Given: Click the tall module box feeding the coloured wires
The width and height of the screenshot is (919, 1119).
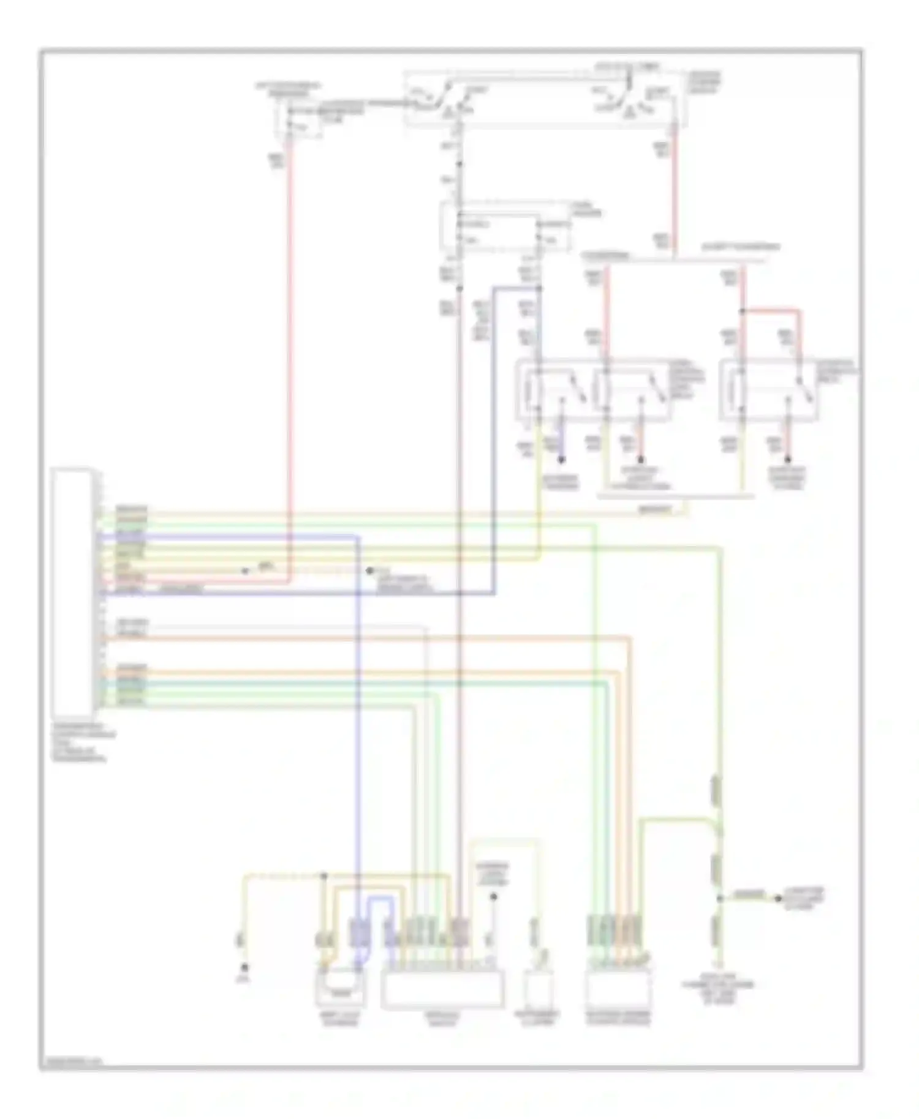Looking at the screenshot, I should click(73, 593).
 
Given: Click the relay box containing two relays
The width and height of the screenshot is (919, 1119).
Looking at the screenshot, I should click(593, 389).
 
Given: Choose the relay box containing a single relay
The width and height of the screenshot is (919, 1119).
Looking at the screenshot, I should click(769, 390).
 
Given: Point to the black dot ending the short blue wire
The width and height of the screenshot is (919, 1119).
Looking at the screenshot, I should click(561, 459).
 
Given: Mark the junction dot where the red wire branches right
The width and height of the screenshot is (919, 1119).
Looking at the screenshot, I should click(741, 312).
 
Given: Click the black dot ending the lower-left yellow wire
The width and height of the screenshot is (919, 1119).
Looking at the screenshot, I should click(244, 968).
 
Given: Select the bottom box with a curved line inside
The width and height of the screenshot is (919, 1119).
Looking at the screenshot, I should click(340, 987).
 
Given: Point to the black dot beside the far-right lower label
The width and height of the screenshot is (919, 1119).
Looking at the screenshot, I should click(777, 899).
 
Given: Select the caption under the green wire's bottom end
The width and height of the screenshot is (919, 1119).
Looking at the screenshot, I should click(717, 994).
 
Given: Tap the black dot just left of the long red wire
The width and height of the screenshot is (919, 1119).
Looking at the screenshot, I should click(245, 571).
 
